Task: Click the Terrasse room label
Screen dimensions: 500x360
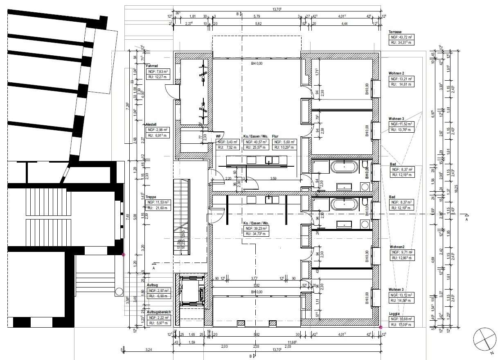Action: point(395,32)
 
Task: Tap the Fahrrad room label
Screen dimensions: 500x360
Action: point(152,66)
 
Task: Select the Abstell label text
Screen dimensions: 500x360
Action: point(151,124)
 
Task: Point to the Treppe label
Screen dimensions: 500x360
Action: point(151,197)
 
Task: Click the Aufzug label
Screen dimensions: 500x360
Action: point(152,285)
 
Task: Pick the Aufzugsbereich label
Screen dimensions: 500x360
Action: point(159,312)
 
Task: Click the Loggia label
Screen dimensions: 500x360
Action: point(395,314)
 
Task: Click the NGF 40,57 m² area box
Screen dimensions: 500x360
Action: point(256,142)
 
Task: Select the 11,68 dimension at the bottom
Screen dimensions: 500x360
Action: point(292,342)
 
